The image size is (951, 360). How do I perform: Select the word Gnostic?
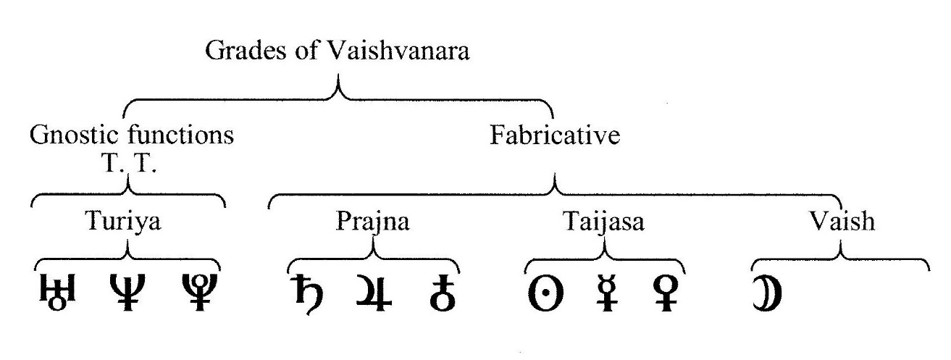[x=74, y=135]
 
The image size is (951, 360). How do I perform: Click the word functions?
[x=180, y=135]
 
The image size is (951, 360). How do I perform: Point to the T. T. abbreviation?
[x=129, y=162]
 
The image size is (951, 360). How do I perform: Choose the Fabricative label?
[x=555, y=135]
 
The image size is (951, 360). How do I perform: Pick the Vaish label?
[x=842, y=221]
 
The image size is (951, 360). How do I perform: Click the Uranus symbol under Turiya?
[x=58, y=293]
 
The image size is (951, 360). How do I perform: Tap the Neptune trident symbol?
[x=127, y=293]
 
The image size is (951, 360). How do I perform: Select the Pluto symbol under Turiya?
[x=199, y=293]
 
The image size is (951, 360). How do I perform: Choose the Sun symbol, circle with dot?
[x=545, y=293]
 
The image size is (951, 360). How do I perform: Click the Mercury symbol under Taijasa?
[x=607, y=293]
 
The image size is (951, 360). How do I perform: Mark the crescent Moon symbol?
[x=768, y=293]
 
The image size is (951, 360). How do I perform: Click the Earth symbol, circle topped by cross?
[x=443, y=293]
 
